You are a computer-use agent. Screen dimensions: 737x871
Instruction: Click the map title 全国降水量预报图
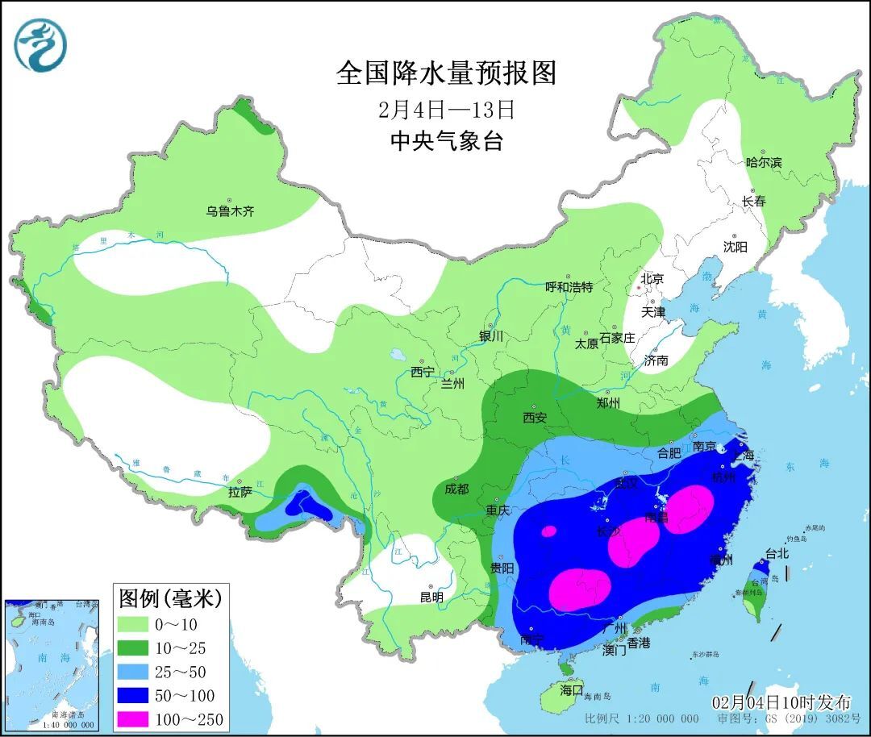pyautogui.click(x=446, y=73)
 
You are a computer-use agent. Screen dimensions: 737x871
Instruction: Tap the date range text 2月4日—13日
pyautogui.click(x=446, y=109)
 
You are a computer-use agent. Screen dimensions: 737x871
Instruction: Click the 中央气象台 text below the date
pyautogui.click(x=446, y=141)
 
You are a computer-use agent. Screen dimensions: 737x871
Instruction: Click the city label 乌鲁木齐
pyautogui.click(x=230, y=212)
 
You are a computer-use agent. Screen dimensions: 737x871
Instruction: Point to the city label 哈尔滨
pyautogui.click(x=763, y=163)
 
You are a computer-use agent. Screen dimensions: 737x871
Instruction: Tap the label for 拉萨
pyautogui.click(x=240, y=491)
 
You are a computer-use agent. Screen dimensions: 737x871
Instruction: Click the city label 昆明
pyautogui.click(x=431, y=598)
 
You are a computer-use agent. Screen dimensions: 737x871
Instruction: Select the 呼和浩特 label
pyautogui.click(x=569, y=287)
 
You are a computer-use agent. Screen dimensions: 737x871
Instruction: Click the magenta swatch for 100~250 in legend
pyautogui.click(x=139, y=719)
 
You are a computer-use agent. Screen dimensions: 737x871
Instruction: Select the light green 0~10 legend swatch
pyautogui.click(x=139, y=624)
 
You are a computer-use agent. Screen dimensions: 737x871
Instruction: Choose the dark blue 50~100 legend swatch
pyautogui.click(x=139, y=695)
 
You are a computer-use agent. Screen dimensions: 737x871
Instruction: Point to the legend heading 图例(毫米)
pyautogui.click(x=169, y=598)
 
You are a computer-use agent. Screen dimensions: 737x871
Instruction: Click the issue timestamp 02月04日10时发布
pyautogui.click(x=780, y=703)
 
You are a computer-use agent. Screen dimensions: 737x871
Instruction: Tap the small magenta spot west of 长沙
pyautogui.click(x=549, y=531)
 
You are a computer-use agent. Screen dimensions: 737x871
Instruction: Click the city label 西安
pyautogui.click(x=535, y=418)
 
